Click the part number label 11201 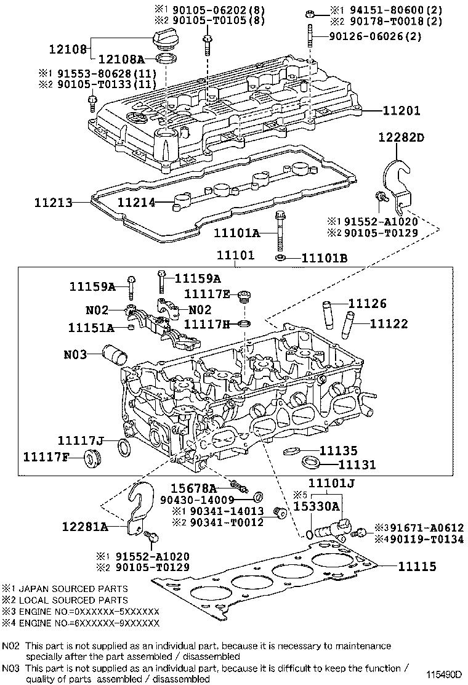click(x=401, y=110)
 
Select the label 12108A click(x=121, y=59)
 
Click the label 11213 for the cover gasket click(x=53, y=202)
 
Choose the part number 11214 click(x=136, y=202)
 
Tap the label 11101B click(x=325, y=258)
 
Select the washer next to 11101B click(x=280, y=257)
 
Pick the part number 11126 click(x=367, y=303)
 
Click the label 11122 click(x=389, y=324)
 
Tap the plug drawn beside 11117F click(x=92, y=458)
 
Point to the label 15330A click(x=316, y=506)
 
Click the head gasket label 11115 click(x=417, y=567)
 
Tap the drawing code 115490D click(x=444, y=674)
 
